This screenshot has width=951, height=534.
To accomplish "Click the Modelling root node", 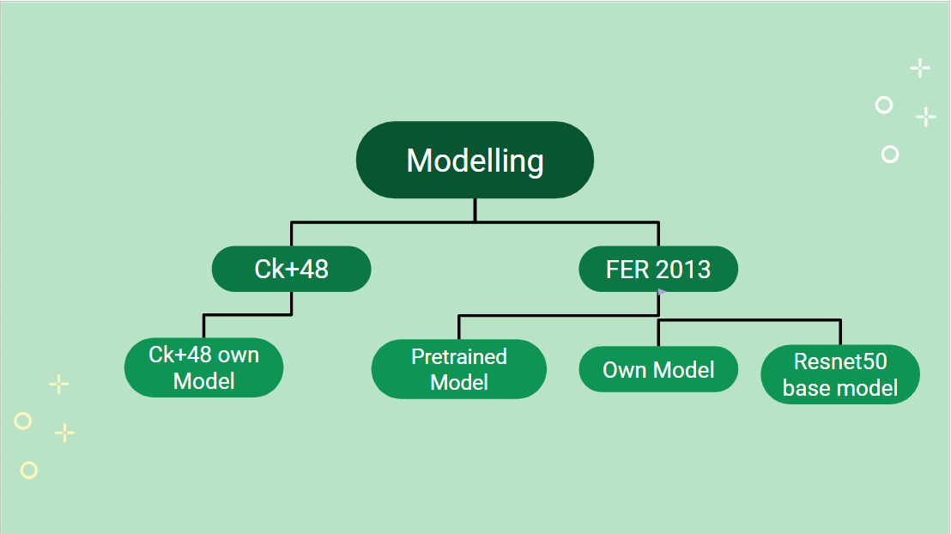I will pos(475,161).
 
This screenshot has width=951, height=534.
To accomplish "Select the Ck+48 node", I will pos(291,269).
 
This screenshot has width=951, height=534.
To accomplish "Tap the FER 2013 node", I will pos(658,269).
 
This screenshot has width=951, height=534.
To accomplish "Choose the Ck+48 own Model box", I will pos(203,367).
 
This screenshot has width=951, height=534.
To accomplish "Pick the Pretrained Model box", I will pos(458,369).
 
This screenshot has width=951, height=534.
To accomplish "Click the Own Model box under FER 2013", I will pos(658,369).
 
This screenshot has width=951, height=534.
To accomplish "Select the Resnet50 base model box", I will pos(839,374).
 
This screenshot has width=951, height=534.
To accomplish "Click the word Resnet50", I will pos(839,361).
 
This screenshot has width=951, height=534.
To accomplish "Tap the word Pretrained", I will pos(458,356).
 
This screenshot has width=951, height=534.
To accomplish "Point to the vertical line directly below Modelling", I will pos(475,209).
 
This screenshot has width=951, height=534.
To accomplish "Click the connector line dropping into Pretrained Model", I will pos(459,327).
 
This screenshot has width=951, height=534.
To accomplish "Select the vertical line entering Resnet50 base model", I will pos(839,332).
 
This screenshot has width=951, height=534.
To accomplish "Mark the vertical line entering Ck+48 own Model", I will pos(203,326).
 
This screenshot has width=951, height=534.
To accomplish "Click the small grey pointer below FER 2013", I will pos(662,293).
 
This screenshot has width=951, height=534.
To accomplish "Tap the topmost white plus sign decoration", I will pos(920,68).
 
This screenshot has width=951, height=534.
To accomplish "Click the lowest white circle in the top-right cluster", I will pos(890,155).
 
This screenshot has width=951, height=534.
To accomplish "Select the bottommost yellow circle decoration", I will pos(29,470).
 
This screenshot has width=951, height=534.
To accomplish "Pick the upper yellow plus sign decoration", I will pos(58,384).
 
